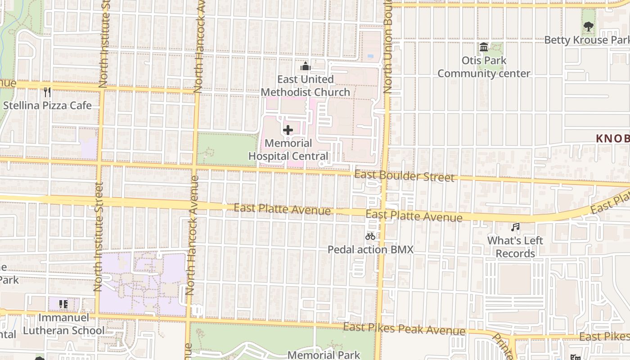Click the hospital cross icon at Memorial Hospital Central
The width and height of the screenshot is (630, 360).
(288, 130)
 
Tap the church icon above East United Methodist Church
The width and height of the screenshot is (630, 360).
(306, 67)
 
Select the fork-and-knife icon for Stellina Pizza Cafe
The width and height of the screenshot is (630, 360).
(47, 92)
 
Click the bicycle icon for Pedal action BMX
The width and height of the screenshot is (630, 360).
(370, 236)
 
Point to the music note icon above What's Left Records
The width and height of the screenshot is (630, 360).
(515, 227)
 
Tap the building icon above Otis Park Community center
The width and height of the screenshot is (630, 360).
(484, 47)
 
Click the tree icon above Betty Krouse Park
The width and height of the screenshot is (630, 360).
(588, 27)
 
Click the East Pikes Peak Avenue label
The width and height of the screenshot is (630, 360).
(404, 329)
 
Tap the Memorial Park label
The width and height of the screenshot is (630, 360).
(324, 355)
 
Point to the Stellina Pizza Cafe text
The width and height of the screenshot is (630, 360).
(47, 106)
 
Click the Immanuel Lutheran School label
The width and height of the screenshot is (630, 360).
(63, 324)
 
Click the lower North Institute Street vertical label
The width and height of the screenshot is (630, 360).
(99, 236)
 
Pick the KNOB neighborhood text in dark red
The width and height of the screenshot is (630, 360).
(612, 139)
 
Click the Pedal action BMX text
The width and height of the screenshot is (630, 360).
(370, 249)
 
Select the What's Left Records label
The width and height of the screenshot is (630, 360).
(515, 247)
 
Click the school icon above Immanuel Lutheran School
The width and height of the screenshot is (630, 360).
(63, 304)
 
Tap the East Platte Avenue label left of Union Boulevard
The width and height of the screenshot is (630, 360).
(282, 209)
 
